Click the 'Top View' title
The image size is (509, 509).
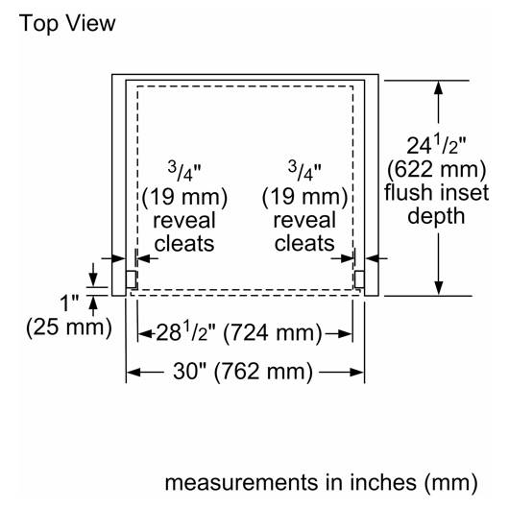[x=67, y=24]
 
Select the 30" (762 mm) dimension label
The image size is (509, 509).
[x=243, y=372]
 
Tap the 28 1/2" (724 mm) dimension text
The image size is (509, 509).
[x=239, y=332]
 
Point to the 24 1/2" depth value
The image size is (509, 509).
[x=436, y=145]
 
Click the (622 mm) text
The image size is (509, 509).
[x=436, y=169]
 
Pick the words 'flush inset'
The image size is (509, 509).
[x=436, y=192]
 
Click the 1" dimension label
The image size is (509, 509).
[x=69, y=303]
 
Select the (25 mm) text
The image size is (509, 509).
[x=69, y=327]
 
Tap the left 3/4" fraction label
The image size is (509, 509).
[x=184, y=172]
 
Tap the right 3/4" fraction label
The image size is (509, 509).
[x=304, y=172]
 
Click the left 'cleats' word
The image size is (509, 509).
[x=184, y=244]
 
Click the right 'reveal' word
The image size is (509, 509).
[x=304, y=220]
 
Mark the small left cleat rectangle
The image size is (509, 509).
[x=131, y=279]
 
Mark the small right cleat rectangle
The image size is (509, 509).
[x=359, y=279]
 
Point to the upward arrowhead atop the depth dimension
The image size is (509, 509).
[x=438, y=87]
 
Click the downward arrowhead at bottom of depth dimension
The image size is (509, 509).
[x=438, y=288]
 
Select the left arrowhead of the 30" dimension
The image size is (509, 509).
[x=133, y=372]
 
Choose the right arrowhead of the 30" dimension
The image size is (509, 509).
[x=356, y=372]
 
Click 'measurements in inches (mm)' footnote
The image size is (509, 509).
[x=321, y=483]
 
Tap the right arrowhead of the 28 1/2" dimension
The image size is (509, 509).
[x=345, y=333]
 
